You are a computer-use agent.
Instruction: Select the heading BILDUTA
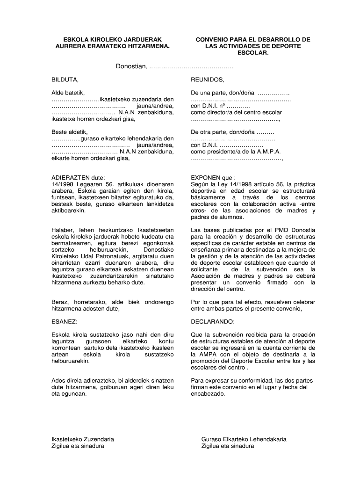coord(65,80)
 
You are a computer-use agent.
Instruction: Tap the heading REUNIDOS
coord(208,80)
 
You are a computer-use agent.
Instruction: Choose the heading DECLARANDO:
coord(213,322)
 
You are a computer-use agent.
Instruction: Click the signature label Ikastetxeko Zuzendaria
coord(82,439)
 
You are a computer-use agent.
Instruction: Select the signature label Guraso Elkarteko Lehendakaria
coord(244,439)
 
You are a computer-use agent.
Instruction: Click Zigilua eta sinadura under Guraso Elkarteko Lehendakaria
coord(228,446)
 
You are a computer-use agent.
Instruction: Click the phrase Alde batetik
coord(68,93)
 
